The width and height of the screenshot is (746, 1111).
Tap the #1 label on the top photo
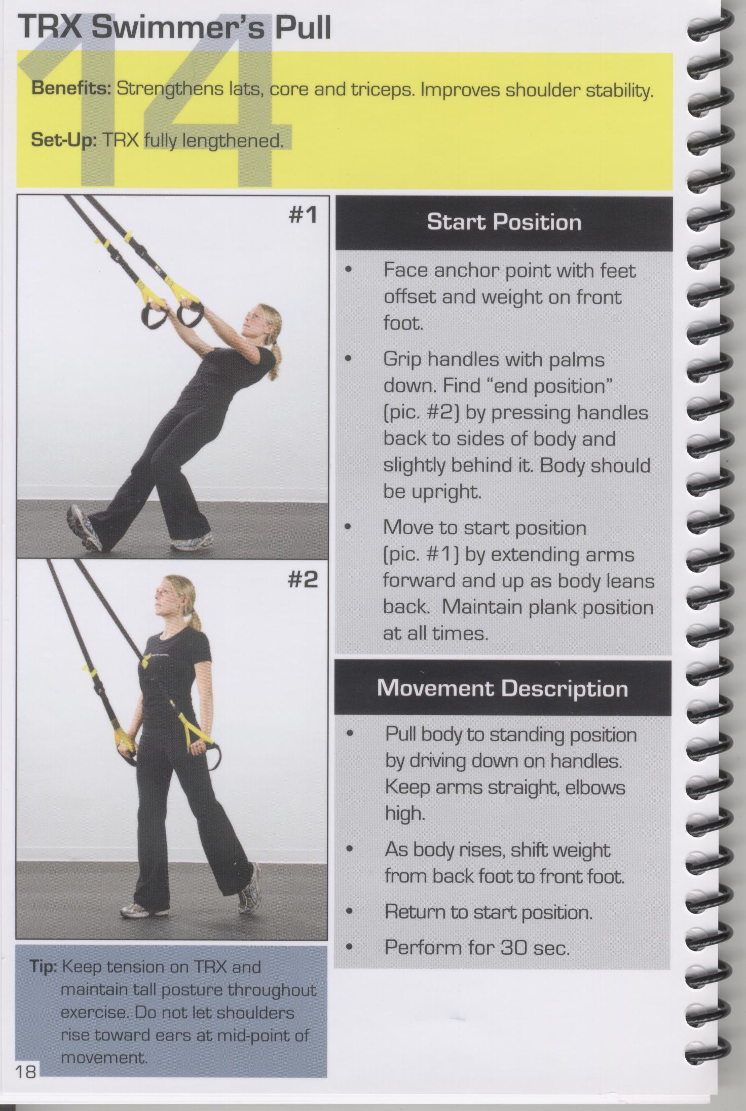coord(303,215)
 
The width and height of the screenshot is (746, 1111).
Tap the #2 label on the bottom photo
coord(303,579)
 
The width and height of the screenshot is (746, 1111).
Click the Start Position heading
coord(504,223)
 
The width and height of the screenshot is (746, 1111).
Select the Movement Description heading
coord(503,688)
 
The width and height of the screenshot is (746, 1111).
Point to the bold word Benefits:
coord(71,89)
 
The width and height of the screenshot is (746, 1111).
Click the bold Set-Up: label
coord(64,139)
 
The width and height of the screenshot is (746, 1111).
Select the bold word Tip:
coord(43,967)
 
